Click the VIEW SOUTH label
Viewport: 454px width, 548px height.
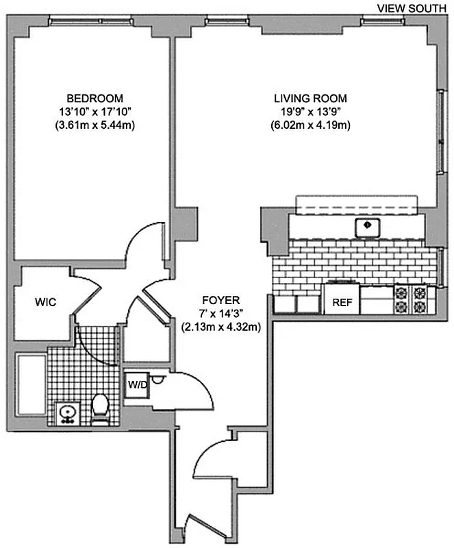412,8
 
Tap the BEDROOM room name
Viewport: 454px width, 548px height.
95,98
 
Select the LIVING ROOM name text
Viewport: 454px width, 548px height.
311,98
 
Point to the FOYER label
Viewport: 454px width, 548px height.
220,300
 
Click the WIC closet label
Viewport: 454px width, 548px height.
46,301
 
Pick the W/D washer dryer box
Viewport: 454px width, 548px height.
136,384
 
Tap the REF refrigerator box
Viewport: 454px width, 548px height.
342,302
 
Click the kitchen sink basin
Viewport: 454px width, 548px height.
368,225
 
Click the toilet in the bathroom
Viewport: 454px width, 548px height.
100,406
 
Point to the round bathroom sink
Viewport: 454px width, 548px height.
67,412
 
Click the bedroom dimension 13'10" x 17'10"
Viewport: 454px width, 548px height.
95,112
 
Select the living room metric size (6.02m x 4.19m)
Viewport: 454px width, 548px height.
311,125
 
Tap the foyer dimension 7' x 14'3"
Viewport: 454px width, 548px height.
220,314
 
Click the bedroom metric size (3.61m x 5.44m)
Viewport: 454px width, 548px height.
95,125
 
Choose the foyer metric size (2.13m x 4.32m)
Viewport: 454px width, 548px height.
220,327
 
